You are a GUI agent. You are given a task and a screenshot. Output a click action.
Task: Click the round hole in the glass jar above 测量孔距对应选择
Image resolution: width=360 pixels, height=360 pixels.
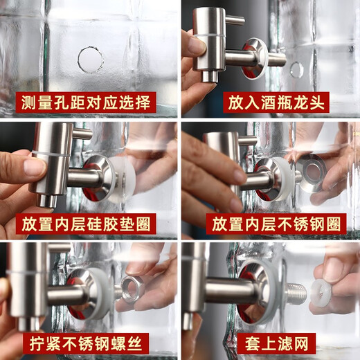91,60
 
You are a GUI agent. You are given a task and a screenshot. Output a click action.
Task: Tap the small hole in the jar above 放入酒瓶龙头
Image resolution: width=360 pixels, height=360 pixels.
296,69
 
